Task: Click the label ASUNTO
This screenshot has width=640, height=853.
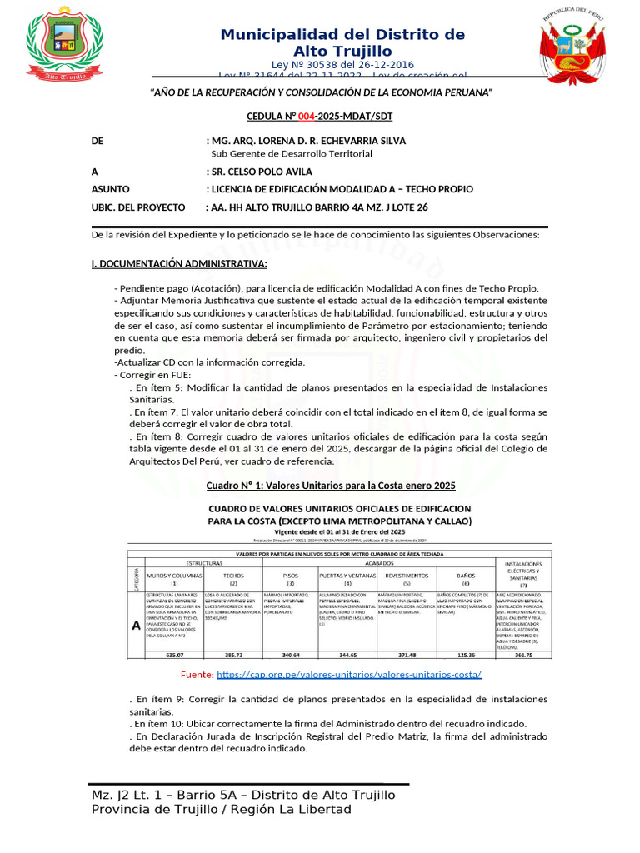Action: [110, 189]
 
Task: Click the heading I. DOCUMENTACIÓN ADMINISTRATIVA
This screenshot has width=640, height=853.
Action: [179, 264]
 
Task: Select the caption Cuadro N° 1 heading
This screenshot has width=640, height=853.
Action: [331, 485]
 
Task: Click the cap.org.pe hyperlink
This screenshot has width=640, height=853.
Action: [349, 673]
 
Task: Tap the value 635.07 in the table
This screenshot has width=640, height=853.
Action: [173, 655]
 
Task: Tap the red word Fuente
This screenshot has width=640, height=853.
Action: [197, 673]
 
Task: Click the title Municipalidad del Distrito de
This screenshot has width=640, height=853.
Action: [342, 34]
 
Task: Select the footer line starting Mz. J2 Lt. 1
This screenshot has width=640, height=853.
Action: [243, 795]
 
